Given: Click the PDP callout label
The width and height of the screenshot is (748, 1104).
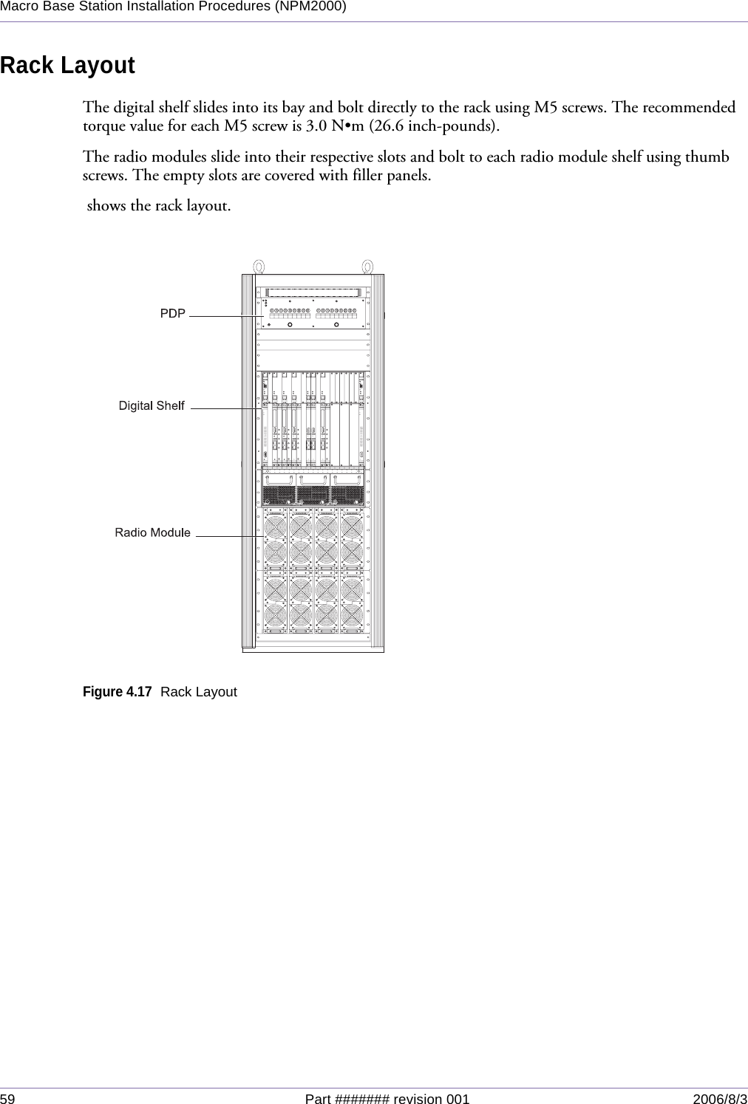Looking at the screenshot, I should (x=173, y=314).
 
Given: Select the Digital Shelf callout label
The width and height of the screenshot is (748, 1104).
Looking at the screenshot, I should (x=152, y=405).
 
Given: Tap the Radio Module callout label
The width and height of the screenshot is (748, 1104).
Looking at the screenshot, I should (x=152, y=532).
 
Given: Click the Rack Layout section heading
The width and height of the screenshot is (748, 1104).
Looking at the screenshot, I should (x=68, y=66).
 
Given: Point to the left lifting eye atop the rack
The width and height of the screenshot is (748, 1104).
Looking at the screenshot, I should (x=258, y=267).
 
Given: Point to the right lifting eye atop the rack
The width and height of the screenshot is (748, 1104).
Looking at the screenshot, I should (x=367, y=267).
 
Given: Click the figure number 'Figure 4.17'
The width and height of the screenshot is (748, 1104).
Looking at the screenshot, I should (x=118, y=692).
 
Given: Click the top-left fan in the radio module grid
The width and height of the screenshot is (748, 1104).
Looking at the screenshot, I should (x=275, y=527).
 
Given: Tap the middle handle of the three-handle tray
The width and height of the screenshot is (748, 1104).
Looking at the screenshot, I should (x=313, y=480).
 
